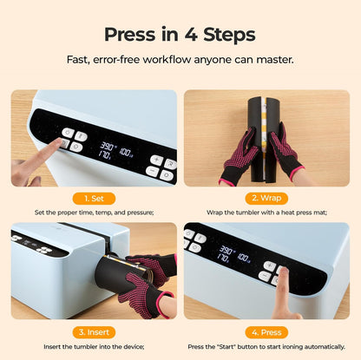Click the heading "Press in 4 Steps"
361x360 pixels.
tap(180, 35)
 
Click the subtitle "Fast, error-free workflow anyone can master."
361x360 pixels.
tap(180, 60)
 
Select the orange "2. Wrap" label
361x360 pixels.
tap(266, 198)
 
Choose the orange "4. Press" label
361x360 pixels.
tap(266, 331)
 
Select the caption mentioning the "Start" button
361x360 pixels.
tap(266, 346)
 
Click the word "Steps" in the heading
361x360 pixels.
tap(225, 35)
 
